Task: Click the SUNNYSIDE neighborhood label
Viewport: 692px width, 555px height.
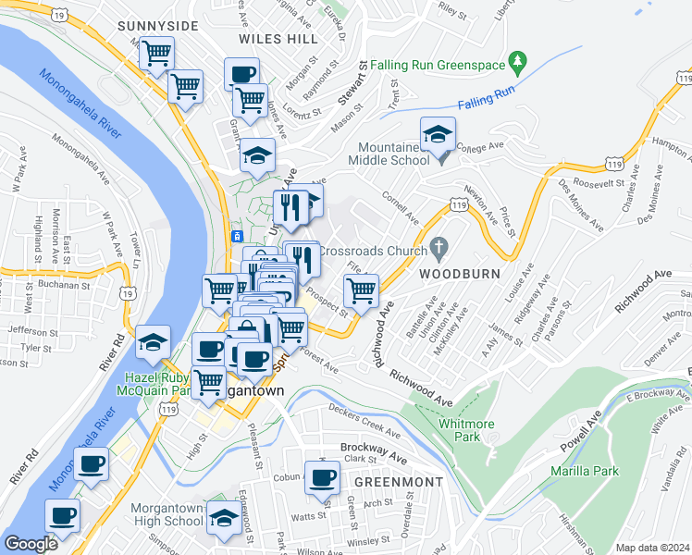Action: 157,25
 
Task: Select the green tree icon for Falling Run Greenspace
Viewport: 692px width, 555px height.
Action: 519,64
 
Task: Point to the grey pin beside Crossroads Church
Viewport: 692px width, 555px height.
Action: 439,251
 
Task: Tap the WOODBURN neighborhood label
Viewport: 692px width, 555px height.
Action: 459,275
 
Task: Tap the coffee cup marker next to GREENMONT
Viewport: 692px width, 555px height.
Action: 322,478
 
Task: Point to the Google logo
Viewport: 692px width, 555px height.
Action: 31,544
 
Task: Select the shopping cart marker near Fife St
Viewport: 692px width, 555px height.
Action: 361,291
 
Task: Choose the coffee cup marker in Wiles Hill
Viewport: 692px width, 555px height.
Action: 242,75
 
